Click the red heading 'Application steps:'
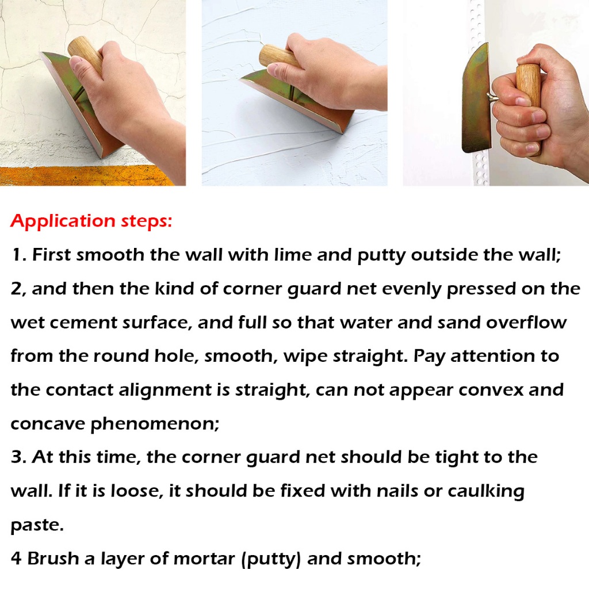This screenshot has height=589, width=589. pos(91,221)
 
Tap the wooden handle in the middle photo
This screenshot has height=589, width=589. pos(280,58)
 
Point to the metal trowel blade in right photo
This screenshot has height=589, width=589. pos(476,98)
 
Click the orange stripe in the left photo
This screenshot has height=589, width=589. pos(88,175)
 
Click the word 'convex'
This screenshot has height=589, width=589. pos(491,391)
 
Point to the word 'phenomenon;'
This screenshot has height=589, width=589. pos(155,424)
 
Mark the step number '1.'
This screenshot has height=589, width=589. pos(20,255)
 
